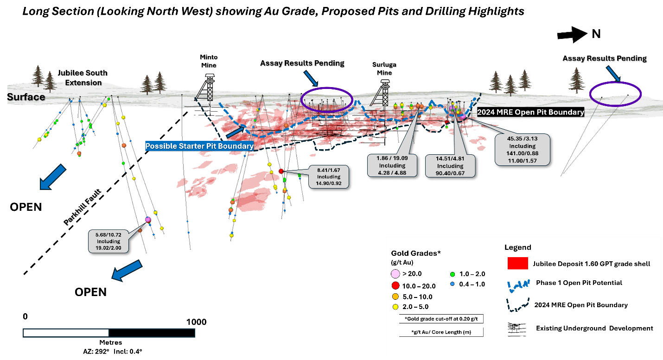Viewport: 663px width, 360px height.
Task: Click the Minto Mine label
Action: (x=209, y=61)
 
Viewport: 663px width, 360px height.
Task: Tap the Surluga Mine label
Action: (x=384, y=69)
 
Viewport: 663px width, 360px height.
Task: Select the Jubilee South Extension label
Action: (x=83, y=77)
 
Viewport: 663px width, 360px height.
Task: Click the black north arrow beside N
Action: (x=572, y=35)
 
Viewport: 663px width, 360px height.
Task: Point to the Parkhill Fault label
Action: (x=83, y=207)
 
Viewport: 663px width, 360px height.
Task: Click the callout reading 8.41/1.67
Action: (x=329, y=177)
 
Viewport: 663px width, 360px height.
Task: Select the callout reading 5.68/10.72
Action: (x=108, y=241)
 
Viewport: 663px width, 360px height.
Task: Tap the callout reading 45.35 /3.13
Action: (x=523, y=150)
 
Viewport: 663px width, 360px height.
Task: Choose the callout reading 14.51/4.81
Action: (x=450, y=166)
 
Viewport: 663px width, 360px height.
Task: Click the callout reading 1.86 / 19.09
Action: (x=392, y=165)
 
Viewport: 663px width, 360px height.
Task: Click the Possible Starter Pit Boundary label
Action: (x=199, y=146)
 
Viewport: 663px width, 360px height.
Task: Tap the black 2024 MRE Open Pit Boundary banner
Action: (x=531, y=112)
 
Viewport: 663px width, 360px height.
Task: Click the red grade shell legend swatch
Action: (x=518, y=263)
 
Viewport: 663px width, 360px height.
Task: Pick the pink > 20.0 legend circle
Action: (x=395, y=274)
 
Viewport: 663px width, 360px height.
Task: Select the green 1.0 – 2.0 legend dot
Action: (x=452, y=274)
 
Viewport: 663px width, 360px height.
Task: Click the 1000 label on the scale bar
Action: (x=196, y=322)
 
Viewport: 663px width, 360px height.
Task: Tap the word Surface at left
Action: (x=26, y=97)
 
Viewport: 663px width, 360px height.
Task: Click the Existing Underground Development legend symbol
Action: (x=517, y=329)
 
